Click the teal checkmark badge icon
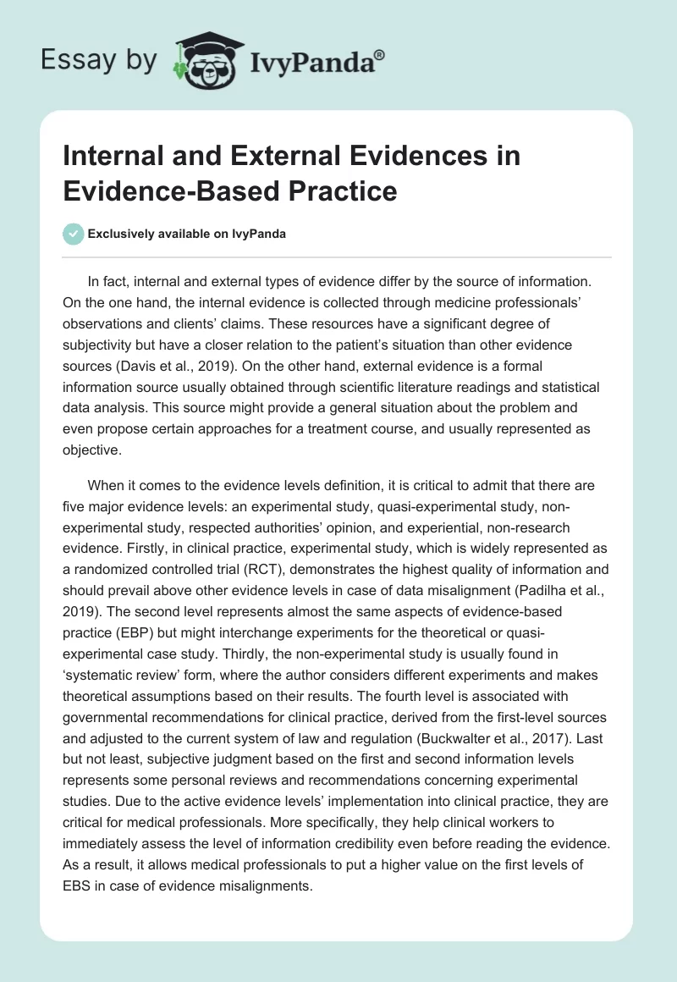(x=74, y=234)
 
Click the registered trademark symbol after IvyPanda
(x=380, y=55)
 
